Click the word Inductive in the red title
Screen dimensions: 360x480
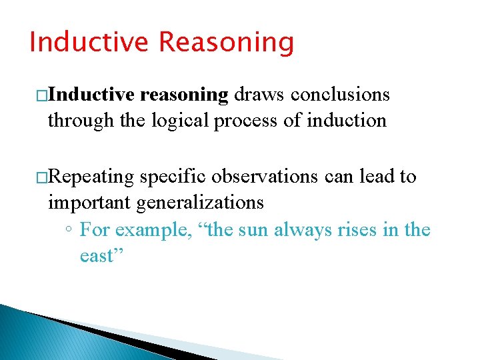pos(89,42)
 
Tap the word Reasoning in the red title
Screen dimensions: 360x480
pos(226,42)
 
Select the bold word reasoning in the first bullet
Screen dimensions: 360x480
pos(185,95)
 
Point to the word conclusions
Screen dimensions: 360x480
pos(340,95)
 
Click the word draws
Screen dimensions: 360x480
pos(259,95)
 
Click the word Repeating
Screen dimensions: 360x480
pos(91,177)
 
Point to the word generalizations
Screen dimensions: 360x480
pos(201,202)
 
